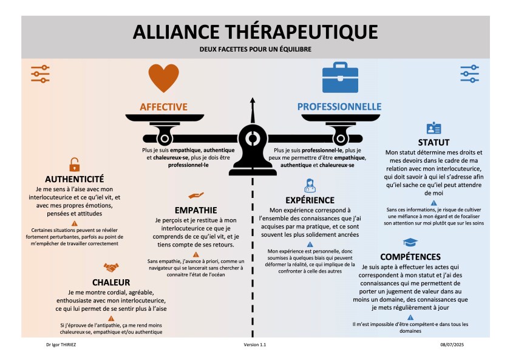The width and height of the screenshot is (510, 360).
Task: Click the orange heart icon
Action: [x=164, y=78]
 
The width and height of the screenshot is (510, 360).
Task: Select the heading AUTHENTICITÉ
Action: [x=75, y=179]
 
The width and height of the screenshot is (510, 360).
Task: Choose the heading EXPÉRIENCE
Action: [x=310, y=200]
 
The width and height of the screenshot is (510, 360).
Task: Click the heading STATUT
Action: [x=433, y=143]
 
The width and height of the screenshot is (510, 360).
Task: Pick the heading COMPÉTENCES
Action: [x=410, y=257]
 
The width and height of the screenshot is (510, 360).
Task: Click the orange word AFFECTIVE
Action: [x=164, y=107]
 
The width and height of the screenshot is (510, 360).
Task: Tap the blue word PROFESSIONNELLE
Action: [x=339, y=107]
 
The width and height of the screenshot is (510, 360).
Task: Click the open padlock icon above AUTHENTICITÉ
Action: [x=74, y=164]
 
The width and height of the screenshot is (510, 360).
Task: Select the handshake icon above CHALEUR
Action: [x=110, y=268]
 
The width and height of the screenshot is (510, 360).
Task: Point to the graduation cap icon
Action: [x=410, y=242]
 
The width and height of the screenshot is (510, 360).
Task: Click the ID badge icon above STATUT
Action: [x=433, y=128]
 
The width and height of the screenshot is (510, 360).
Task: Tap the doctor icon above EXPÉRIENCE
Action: [x=310, y=185]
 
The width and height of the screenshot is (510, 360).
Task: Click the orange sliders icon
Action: [x=40, y=73]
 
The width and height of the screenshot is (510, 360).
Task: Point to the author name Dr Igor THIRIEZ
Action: [x=58, y=344]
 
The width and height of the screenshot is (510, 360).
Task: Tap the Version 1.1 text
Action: [x=255, y=344]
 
